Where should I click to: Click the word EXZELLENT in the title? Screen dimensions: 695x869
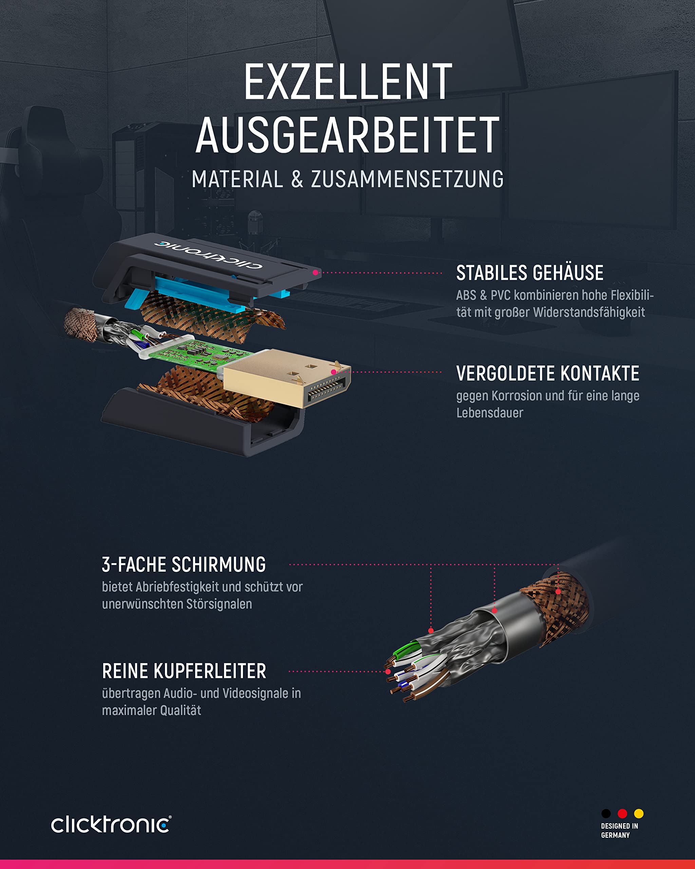point(348,82)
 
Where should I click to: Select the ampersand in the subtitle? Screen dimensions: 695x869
point(297,179)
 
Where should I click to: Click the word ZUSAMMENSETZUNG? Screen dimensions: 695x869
point(407,179)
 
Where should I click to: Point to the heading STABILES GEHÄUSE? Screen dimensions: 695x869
point(530,273)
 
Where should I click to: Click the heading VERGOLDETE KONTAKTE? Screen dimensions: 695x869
point(547,373)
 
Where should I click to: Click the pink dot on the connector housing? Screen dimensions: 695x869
point(316,273)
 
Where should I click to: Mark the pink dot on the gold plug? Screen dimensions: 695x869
point(334,372)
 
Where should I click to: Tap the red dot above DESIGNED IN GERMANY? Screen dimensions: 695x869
point(622,813)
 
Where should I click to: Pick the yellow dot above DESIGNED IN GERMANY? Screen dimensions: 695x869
point(639,813)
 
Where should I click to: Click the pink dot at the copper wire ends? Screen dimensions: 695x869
point(388,671)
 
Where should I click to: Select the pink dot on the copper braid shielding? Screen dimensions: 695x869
point(558,591)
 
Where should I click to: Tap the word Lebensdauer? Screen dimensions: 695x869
point(490,413)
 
